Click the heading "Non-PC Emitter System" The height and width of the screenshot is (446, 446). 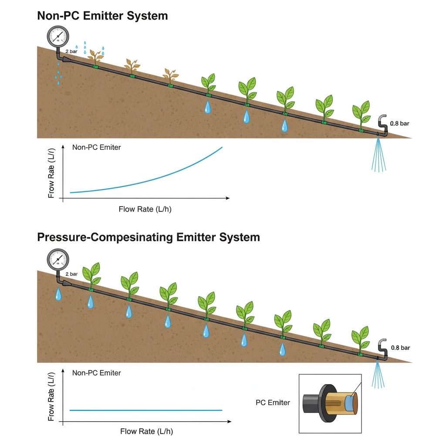click(x=102, y=16)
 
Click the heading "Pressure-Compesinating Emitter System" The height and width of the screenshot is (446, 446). click(x=148, y=237)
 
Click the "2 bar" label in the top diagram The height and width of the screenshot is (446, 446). click(x=71, y=51)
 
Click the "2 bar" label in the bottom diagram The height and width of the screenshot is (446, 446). click(x=71, y=274)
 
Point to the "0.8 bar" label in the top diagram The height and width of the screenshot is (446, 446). click(x=400, y=124)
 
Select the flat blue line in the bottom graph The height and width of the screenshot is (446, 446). click(x=146, y=410)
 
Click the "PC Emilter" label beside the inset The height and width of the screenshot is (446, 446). click(x=273, y=402)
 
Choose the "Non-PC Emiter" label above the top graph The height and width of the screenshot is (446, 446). click(x=97, y=147)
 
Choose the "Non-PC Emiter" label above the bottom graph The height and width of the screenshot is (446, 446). click(x=97, y=373)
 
